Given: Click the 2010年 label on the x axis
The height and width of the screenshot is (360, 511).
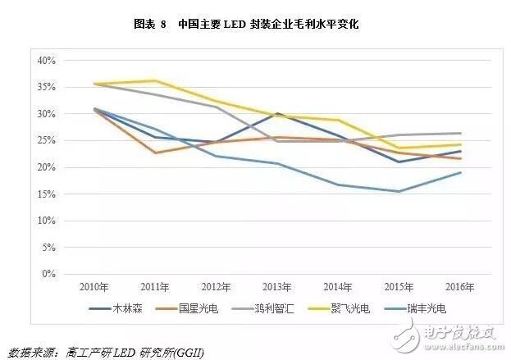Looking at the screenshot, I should click(94, 286).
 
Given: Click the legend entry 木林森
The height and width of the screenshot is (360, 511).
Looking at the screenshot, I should click(125, 308).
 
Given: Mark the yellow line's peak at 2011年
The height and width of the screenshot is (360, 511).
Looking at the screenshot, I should click(155, 80).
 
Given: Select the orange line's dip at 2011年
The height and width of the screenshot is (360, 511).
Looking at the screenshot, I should click(155, 153).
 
